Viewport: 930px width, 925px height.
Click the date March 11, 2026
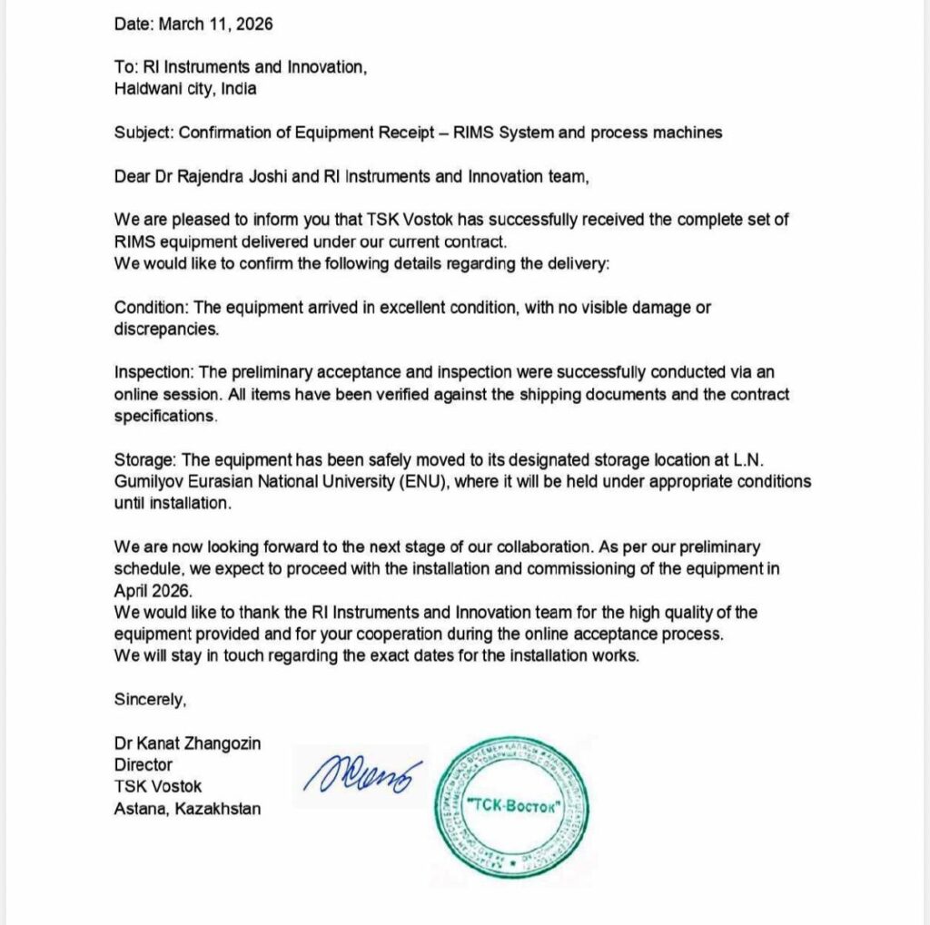pos(215,25)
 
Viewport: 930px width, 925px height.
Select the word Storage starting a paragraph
pos(142,459)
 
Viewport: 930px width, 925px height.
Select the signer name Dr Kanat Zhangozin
pos(188,743)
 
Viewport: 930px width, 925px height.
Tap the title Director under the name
pos(143,764)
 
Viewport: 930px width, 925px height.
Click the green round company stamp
pos(513,807)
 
